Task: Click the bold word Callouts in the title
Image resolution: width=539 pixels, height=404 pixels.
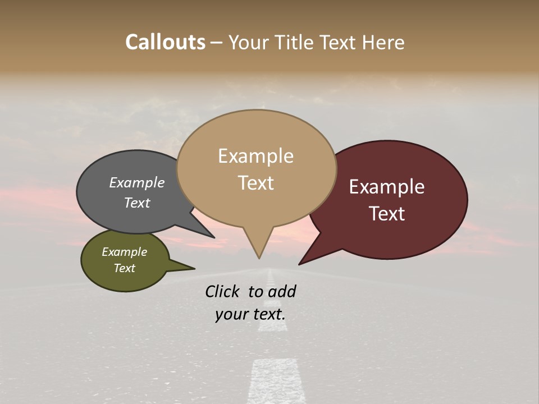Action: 165,43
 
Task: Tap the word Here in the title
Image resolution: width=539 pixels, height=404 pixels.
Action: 382,43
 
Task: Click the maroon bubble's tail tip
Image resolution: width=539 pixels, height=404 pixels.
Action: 299,264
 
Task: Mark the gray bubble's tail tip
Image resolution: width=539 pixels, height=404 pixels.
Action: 214,237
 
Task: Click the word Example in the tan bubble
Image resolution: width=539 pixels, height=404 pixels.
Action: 255,156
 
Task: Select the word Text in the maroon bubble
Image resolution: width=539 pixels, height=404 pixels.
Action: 387,214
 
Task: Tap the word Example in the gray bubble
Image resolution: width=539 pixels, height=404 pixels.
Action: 137,183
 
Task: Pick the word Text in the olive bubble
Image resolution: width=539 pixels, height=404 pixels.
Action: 125,268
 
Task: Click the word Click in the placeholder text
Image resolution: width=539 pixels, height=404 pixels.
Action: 223,291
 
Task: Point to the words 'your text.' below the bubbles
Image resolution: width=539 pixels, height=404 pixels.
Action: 250,314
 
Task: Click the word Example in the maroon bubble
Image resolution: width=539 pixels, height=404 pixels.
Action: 387,187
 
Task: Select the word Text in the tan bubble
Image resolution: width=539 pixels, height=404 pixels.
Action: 256,183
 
